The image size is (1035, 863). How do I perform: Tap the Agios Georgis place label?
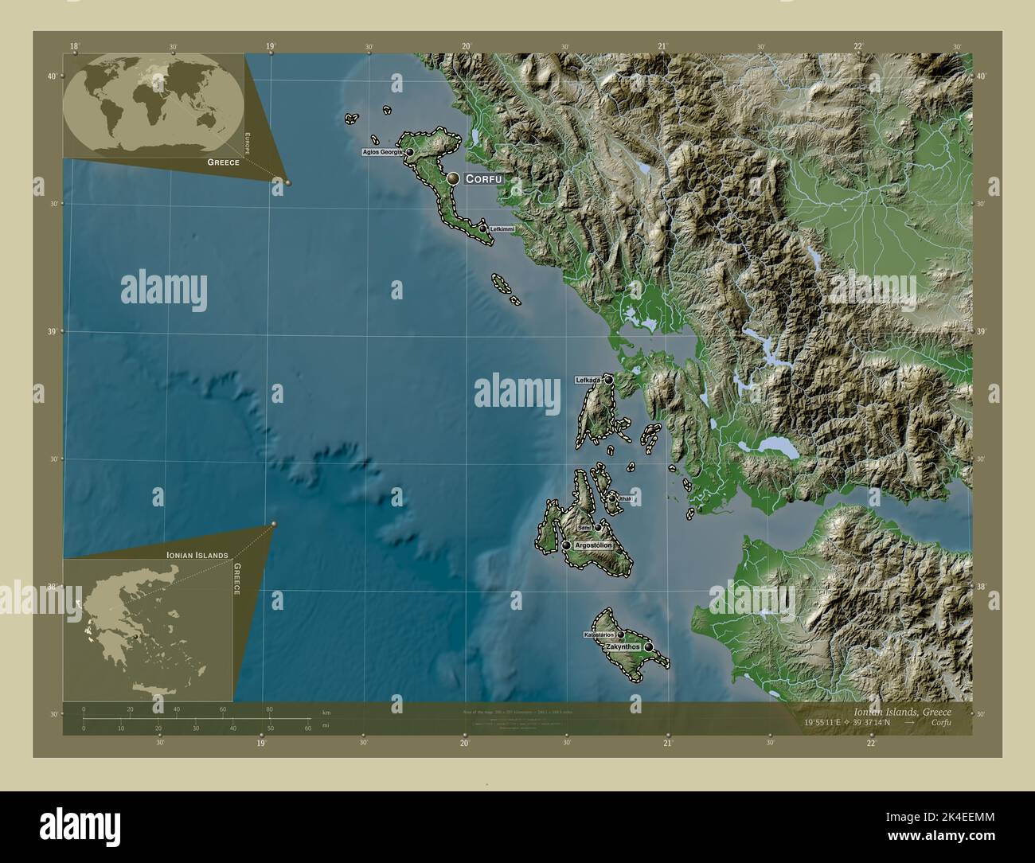click(x=382, y=151)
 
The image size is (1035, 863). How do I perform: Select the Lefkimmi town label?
click(x=502, y=229)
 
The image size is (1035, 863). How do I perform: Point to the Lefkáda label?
click(x=588, y=381)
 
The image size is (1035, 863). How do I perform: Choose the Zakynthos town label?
click(x=623, y=647)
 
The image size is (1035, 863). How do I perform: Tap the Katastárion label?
click(x=599, y=635)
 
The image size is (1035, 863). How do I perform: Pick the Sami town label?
click(x=584, y=528)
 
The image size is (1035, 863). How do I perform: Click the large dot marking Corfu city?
click(x=453, y=179)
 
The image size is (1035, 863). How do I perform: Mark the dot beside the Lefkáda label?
click(x=608, y=380)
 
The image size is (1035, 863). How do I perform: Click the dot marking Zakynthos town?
click(x=649, y=647)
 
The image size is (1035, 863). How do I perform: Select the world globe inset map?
click(x=153, y=103)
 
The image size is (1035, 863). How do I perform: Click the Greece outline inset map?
click(x=151, y=629)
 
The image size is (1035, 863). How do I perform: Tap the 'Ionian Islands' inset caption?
click(x=197, y=554)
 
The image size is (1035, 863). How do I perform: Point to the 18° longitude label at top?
click(x=74, y=47)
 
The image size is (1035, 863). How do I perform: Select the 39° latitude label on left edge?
click(x=52, y=331)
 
